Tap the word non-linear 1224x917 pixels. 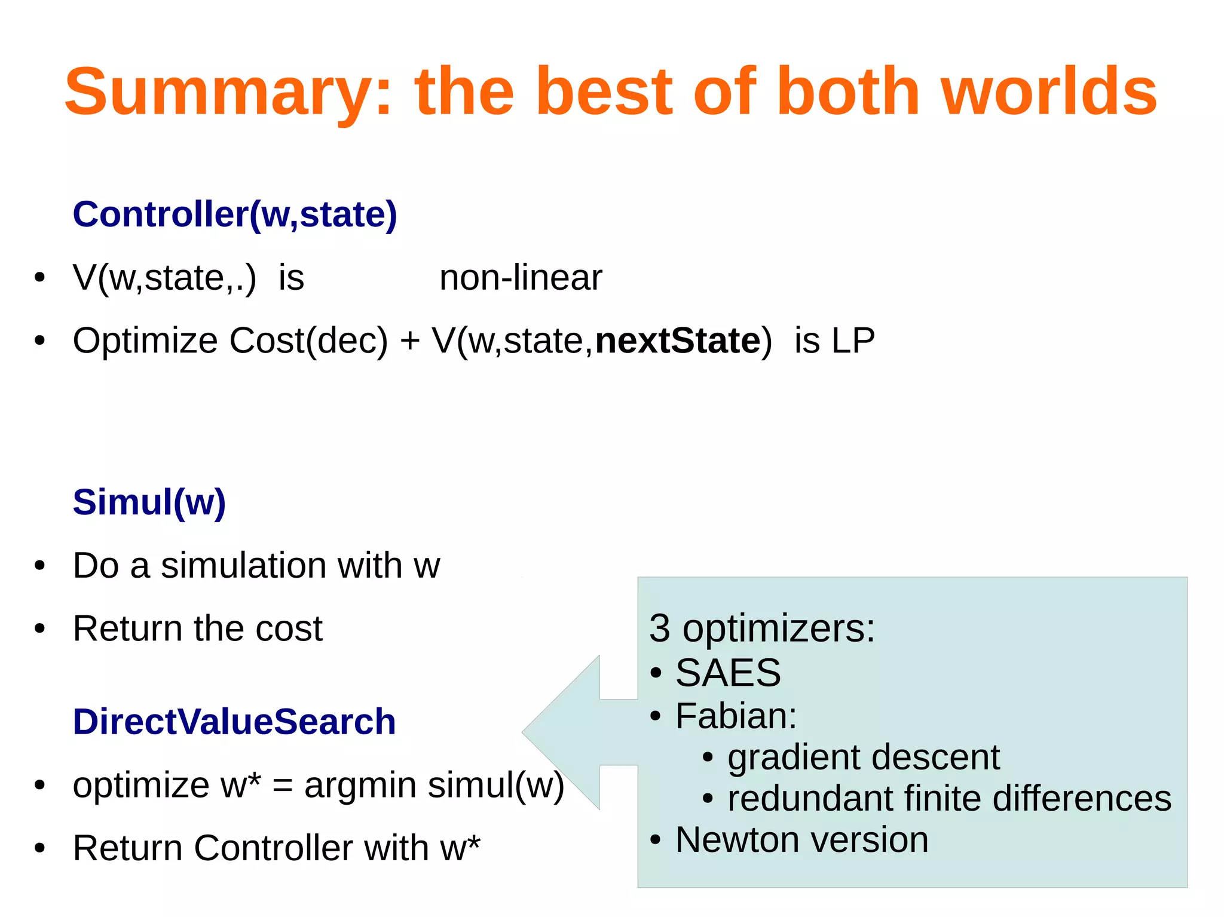tap(520, 278)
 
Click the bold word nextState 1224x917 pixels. tap(678, 341)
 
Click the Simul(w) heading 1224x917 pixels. tap(149, 502)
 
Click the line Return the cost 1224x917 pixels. tap(197, 628)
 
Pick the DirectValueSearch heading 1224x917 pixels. tap(234, 722)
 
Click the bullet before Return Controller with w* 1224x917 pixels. tap(39, 848)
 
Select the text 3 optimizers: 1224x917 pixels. tap(761, 628)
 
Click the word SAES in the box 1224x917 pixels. tap(727, 673)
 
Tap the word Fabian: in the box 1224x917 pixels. tap(736, 715)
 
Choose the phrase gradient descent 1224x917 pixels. tap(863, 757)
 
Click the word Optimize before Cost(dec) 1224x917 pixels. tap(145, 341)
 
